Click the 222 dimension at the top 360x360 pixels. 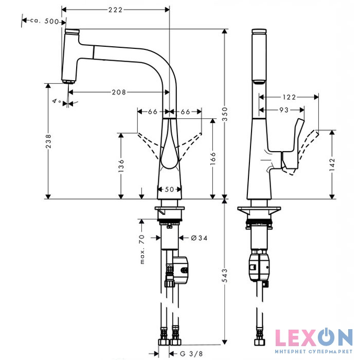115,10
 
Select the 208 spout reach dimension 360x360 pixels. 119,92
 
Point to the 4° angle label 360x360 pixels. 57,102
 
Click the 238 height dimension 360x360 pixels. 48,142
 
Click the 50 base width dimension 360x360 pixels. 169,189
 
